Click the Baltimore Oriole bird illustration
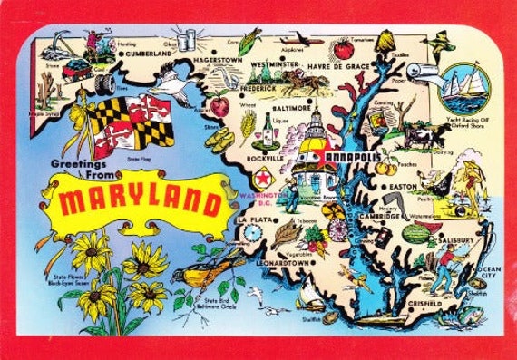pos(205,270)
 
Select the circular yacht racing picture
pos(464,86)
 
